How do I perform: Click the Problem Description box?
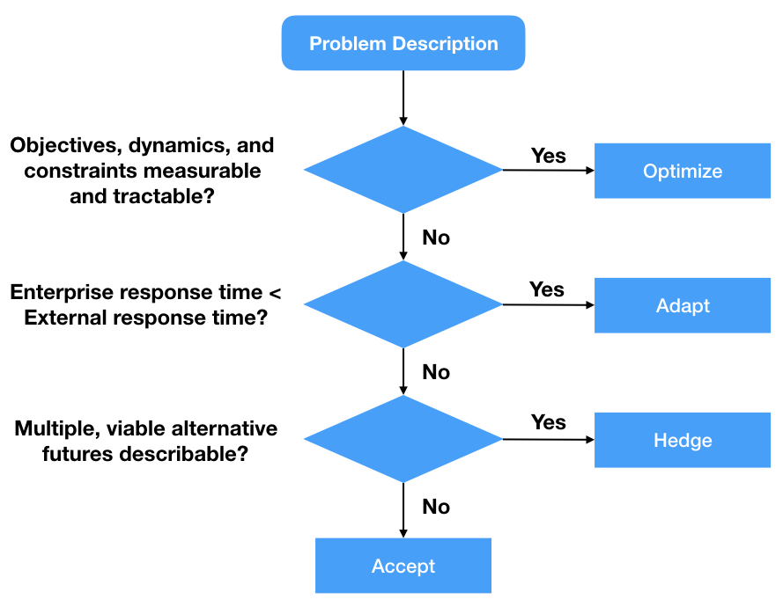(403, 43)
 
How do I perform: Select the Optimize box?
(682, 171)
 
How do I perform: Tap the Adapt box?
(682, 305)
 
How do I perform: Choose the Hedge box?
(682, 440)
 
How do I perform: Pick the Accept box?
(403, 566)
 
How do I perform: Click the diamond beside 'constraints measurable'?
(403, 170)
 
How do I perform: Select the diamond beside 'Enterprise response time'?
(403, 304)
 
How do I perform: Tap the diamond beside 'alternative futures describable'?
(403, 439)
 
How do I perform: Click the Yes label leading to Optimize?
(549, 156)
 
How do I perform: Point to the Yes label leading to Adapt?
(547, 289)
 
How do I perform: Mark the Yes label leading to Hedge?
(549, 422)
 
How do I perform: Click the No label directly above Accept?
(436, 507)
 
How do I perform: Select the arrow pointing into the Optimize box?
(549, 170)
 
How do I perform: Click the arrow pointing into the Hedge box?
(549, 439)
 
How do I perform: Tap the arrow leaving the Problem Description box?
(403, 98)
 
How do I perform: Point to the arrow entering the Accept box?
(403, 510)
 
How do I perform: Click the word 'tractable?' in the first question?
(164, 196)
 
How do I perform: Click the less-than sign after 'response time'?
(275, 293)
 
